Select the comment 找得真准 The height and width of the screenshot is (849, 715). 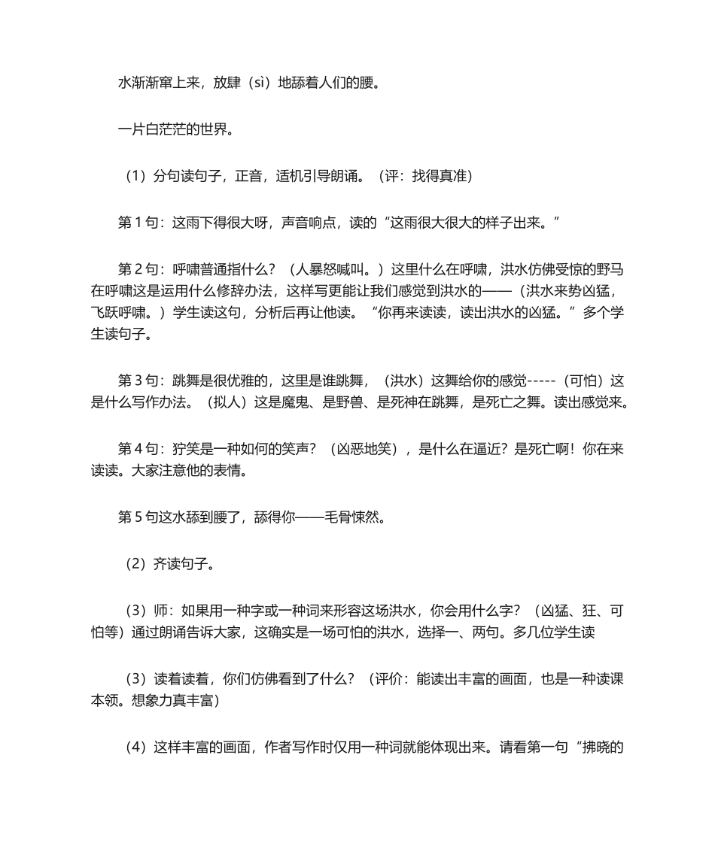pos(443,177)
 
